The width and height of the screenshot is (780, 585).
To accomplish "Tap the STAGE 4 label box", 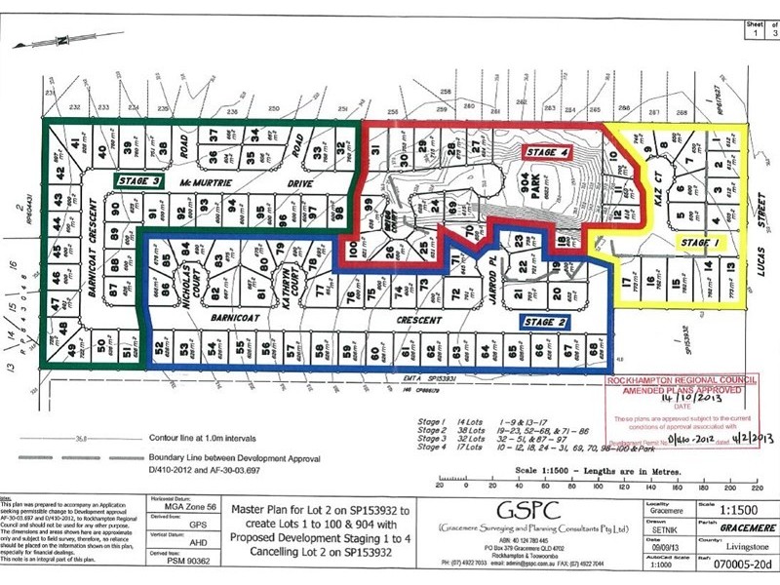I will [x=546, y=152].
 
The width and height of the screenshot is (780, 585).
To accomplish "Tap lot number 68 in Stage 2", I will [x=594, y=350].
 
